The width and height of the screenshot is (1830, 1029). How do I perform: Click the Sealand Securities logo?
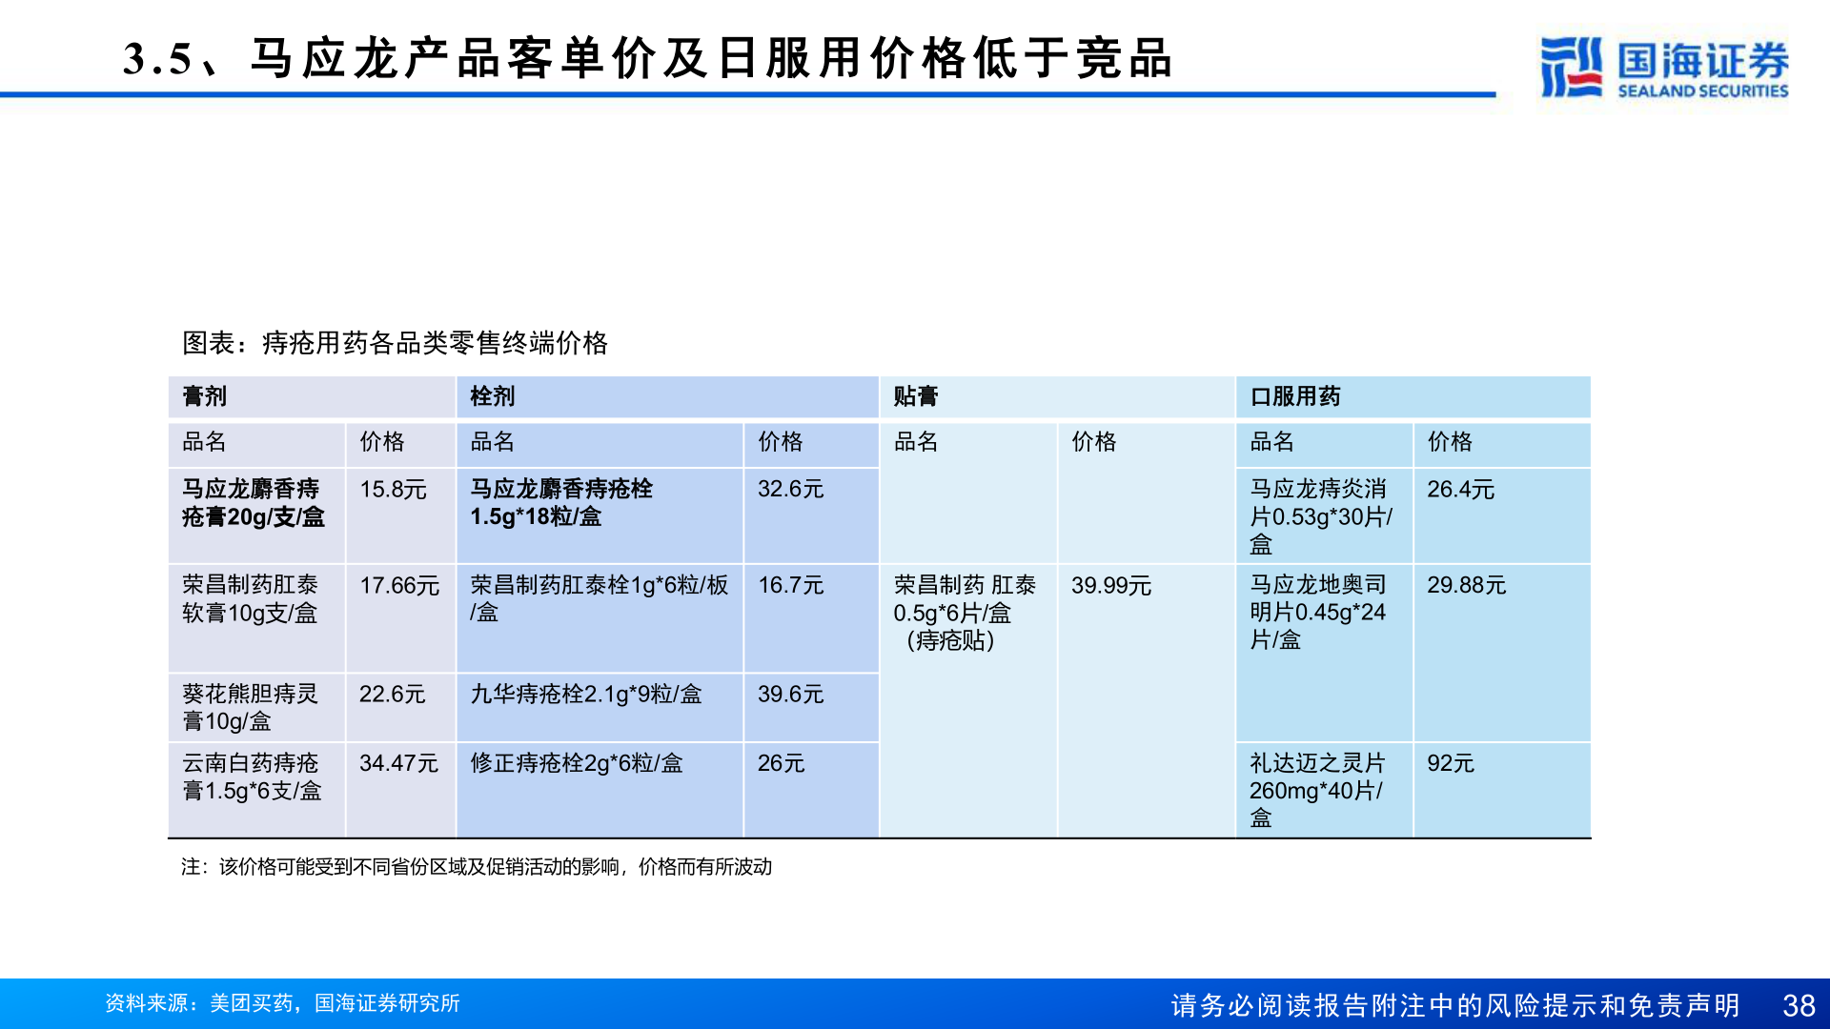pyautogui.click(x=1664, y=67)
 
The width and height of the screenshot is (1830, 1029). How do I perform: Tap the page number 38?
pyautogui.click(x=1799, y=1005)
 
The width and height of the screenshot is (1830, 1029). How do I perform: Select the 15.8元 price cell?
pyautogui.click(x=393, y=490)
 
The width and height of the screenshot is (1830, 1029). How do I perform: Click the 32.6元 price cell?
pyautogui.click(x=790, y=490)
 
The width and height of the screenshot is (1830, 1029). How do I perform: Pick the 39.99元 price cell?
pyautogui.click(x=1110, y=586)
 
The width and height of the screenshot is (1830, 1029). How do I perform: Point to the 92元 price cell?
pyautogui.click(x=1450, y=763)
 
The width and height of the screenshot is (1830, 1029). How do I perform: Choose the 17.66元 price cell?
pyautogui.click(x=398, y=586)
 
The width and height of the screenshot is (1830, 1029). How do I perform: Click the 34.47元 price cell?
pyautogui.click(x=398, y=763)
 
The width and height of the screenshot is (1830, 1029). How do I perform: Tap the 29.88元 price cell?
pyautogui.click(x=1466, y=586)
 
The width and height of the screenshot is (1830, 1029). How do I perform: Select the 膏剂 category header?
pyautogui.click(x=205, y=396)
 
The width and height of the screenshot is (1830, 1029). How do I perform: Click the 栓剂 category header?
pyautogui.click(x=493, y=396)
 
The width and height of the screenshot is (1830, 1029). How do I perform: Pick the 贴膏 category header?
pyautogui.click(x=916, y=396)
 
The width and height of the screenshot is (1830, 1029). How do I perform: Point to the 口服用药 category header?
pyautogui.click(x=1294, y=396)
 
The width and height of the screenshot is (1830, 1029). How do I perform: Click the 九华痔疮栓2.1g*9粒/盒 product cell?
pyautogui.click(x=585, y=695)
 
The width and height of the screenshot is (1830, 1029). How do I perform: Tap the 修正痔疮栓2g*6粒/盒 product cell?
pyautogui.click(x=576, y=763)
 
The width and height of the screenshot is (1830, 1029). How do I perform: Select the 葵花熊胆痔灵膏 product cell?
pyautogui.click(x=250, y=707)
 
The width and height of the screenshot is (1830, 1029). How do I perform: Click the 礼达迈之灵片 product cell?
pyautogui.click(x=1316, y=790)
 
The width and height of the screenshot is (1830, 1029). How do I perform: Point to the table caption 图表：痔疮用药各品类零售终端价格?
pyautogui.click(x=395, y=343)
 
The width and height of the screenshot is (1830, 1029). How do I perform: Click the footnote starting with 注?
pyautogui.click(x=476, y=867)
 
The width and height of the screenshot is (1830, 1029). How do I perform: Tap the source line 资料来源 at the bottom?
pyautogui.click(x=282, y=1003)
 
